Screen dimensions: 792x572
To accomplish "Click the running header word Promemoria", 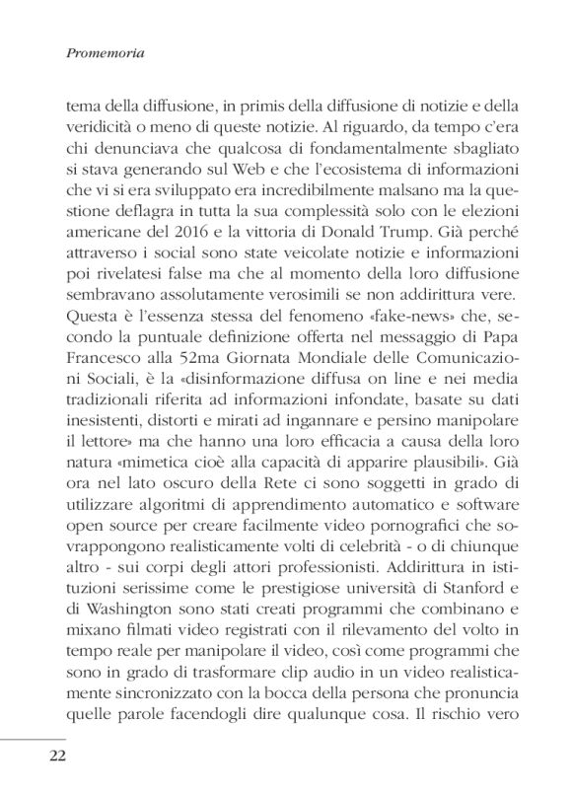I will (x=104, y=56).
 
